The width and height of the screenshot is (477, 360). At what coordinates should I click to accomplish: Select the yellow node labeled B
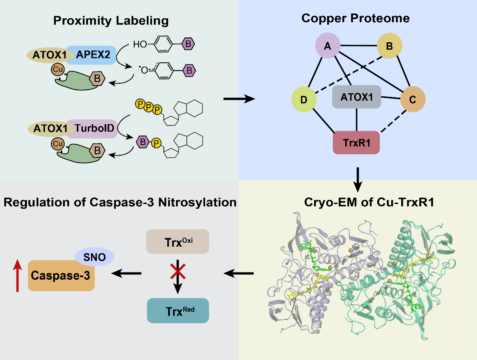[389, 45]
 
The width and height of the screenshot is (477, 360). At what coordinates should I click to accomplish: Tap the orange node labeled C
[412, 99]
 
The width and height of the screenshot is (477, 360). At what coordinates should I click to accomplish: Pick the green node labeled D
[304, 99]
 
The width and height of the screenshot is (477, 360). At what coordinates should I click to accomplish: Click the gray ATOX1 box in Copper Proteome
[357, 97]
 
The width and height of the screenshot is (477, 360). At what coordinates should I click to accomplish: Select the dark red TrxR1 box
[356, 142]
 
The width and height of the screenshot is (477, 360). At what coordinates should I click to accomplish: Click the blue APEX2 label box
[91, 55]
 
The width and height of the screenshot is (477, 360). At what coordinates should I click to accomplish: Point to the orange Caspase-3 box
[61, 275]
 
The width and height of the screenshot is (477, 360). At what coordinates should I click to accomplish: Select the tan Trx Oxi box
[178, 242]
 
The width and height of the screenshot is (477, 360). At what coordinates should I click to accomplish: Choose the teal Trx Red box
[178, 311]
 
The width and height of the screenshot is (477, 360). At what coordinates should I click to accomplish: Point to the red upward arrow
[17, 275]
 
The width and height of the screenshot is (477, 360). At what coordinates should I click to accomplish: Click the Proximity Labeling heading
[111, 20]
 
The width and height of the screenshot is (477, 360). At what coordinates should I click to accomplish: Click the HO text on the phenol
[140, 44]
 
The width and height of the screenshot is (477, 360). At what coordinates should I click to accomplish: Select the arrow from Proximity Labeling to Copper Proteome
[239, 100]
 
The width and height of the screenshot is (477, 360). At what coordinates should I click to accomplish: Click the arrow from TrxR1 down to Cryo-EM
[357, 179]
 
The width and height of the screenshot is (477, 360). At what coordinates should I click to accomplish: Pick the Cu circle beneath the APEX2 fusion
[58, 69]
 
